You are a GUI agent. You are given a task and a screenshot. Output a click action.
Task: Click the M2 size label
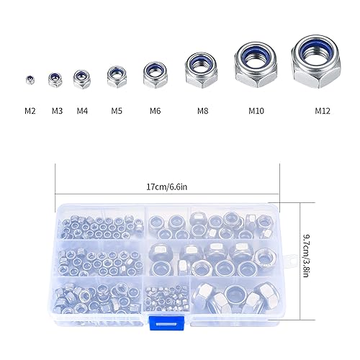point(30,111)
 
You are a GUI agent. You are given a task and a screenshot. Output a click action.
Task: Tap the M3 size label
point(57,111)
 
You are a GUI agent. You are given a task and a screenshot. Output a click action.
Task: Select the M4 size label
point(82,111)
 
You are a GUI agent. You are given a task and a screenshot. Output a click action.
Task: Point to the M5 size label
point(117,111)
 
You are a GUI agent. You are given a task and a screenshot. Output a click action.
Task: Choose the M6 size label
point(155,111)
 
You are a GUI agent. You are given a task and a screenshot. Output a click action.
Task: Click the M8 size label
point(203,111)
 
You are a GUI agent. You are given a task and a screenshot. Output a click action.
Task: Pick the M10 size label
point(256,111)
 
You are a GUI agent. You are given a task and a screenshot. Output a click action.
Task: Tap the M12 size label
point(323,111)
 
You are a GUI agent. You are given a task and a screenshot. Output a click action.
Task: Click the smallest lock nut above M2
point(30,80)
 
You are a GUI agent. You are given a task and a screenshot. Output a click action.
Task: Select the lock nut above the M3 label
point(55,79)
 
